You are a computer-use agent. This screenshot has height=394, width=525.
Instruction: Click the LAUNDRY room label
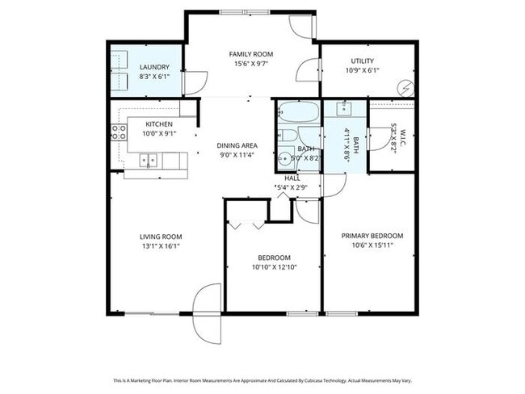pos(153,66)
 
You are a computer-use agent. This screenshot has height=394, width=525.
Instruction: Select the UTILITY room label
pos(362,61)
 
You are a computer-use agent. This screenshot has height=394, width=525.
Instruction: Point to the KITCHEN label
pos(158,124)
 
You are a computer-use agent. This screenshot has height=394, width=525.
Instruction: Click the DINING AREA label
pos(237,145)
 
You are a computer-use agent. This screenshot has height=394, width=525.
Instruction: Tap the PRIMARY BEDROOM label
pos(372,236)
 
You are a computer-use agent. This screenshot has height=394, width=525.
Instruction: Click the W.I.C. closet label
pos(393,138)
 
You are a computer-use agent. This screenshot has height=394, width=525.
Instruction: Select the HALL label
pos(292,178)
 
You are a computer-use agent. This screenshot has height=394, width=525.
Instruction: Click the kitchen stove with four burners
pos(118,132)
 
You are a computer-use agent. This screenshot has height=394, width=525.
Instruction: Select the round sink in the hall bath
pos(286,157)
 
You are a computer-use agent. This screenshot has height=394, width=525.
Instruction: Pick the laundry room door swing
pos(195,82)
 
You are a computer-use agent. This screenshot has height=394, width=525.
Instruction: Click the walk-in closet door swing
pos(376,139)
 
